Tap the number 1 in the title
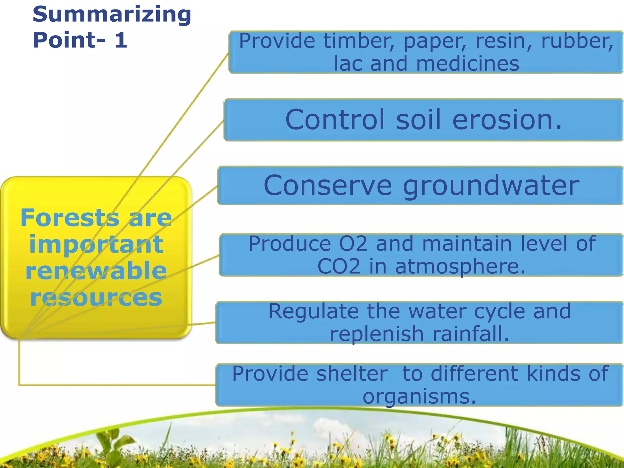[121, 40]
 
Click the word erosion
[507, 119]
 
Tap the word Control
[335, 119]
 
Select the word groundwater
[491, 186]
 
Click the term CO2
[339, 267]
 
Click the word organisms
[419, 397]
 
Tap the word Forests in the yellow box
[70, 218]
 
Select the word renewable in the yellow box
[96, 271]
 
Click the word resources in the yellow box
[96, 298]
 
